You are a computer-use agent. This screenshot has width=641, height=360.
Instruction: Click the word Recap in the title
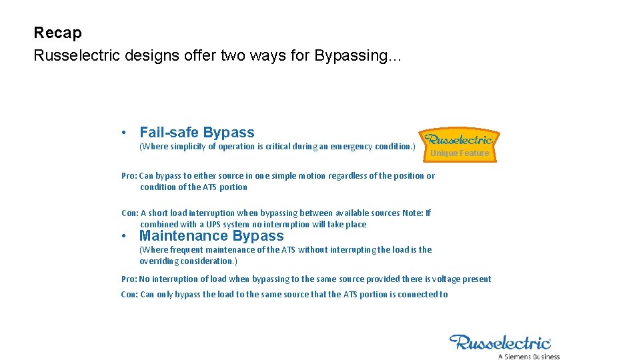pos(57,33)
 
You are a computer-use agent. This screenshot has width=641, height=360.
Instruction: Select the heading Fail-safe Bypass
pos(197,133)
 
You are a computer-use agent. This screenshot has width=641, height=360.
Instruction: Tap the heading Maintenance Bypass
pos(211,236)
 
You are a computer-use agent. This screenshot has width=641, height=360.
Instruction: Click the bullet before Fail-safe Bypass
pos(125,133)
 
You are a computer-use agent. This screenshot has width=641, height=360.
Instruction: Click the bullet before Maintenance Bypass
pos(125,237)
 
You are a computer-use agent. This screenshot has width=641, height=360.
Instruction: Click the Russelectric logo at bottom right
pos(500,343)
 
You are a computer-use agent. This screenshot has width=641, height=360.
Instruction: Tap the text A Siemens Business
pos(529,356)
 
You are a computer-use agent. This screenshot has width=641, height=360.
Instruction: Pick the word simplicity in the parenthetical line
pos(189,147)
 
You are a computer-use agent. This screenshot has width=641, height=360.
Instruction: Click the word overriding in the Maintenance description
pos(159,261)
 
